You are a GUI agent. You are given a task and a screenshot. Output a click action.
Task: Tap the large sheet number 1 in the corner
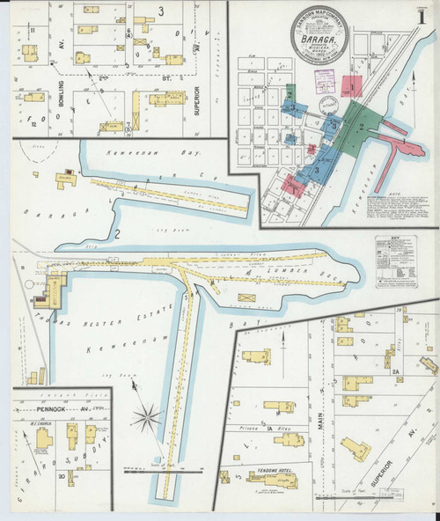(426, 17)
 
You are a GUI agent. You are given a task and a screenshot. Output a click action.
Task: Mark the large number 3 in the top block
(161, 11)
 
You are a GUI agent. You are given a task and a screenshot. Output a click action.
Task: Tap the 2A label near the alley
(396, 372)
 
